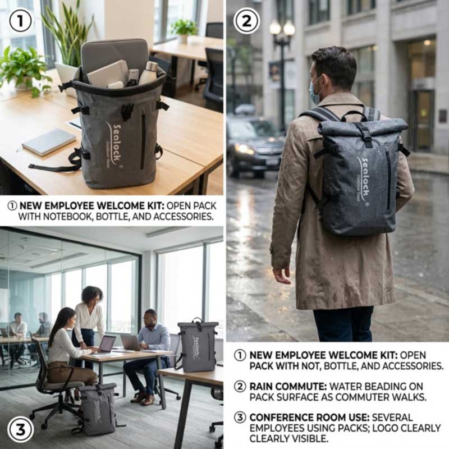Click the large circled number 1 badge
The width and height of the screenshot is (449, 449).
click(x=20, y=20)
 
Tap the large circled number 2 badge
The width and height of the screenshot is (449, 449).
click(x=246, y=20)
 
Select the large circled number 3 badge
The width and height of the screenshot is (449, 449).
click(x=20, y=429)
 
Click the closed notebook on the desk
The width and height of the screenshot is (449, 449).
click(x=49, y=142)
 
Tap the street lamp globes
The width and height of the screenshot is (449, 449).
click(x=282, y=28)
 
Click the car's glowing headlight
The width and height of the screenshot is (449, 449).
click(x=244, y=149)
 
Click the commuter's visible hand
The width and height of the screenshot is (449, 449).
click(x=282, y=275)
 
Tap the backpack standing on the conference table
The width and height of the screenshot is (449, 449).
click(x=196, y=346)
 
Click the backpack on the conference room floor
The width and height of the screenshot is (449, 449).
click(x=98, y=409)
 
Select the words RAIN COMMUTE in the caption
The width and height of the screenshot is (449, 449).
click(x=288, y=386)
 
